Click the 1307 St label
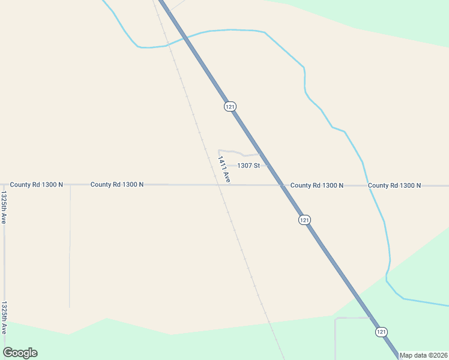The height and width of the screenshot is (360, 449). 249,166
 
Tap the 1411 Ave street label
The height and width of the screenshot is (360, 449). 224,169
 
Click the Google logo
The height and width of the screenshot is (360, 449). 20,353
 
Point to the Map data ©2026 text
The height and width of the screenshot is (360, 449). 424,355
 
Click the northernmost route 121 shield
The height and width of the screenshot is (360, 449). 230,106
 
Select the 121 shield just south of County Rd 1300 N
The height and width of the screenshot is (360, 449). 304,220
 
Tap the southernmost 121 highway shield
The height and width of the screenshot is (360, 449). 381,332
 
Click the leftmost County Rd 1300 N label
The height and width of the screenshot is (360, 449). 36,185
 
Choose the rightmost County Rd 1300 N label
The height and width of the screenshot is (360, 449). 394,185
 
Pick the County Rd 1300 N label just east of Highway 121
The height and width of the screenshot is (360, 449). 317,185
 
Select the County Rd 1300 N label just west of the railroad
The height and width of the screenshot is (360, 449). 117,185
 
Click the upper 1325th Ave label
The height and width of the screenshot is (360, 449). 4,208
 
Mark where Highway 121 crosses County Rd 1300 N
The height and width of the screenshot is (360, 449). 281,185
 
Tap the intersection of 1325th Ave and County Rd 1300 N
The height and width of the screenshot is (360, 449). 4,185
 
